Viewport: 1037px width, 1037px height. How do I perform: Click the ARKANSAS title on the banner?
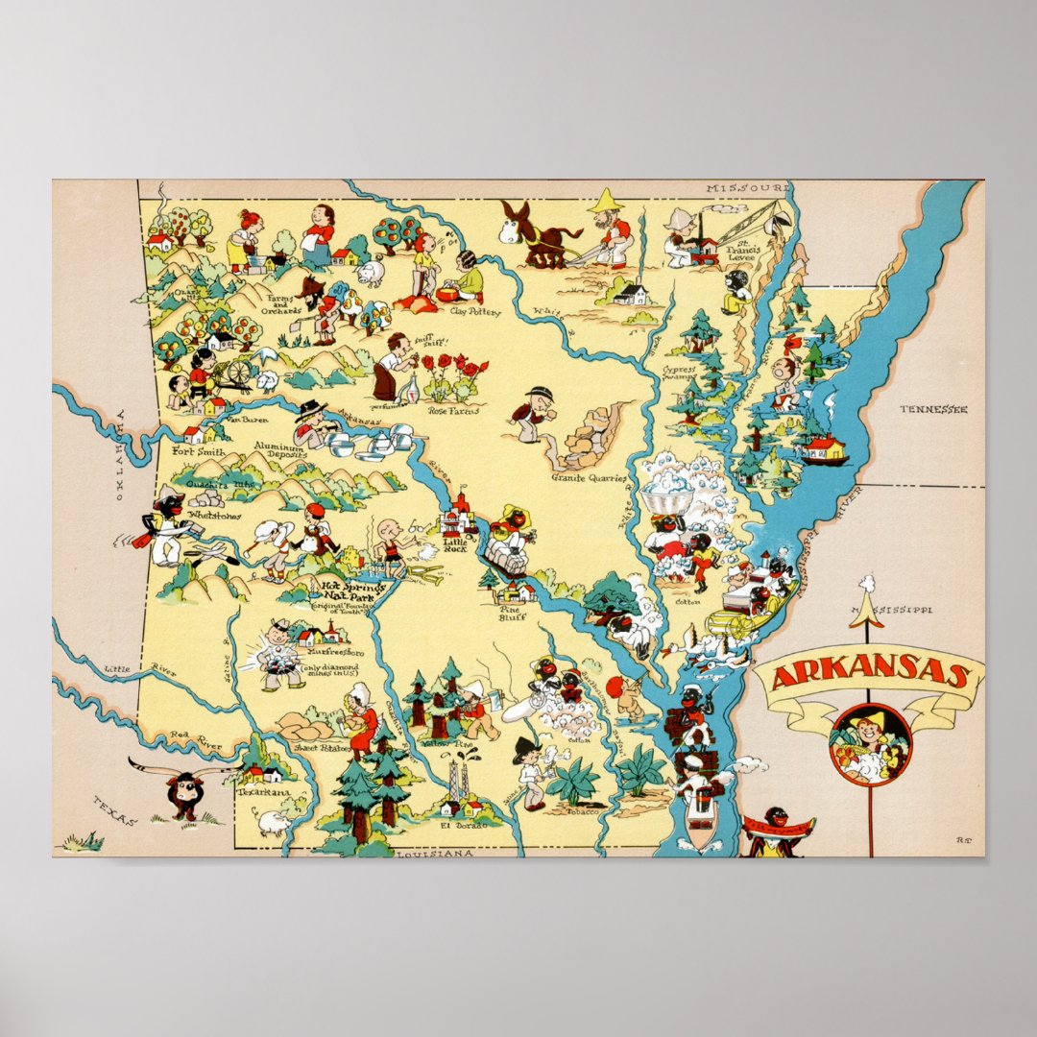(x=868, y=674)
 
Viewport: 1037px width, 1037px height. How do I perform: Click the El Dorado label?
(x=456, y=823)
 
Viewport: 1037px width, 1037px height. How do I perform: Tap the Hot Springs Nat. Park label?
(x=352, y=591)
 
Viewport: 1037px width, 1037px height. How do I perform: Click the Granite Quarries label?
(x=589, y=476)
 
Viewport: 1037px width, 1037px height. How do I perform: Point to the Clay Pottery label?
(x=468, y=311)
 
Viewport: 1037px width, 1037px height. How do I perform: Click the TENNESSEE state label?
(x=933, y=410)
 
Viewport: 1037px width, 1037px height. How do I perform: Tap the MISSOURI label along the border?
(x=747, y=188)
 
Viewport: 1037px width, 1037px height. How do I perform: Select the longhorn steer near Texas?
(x=182, y=787)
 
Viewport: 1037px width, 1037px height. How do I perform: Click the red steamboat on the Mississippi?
(x=825, y=449)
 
